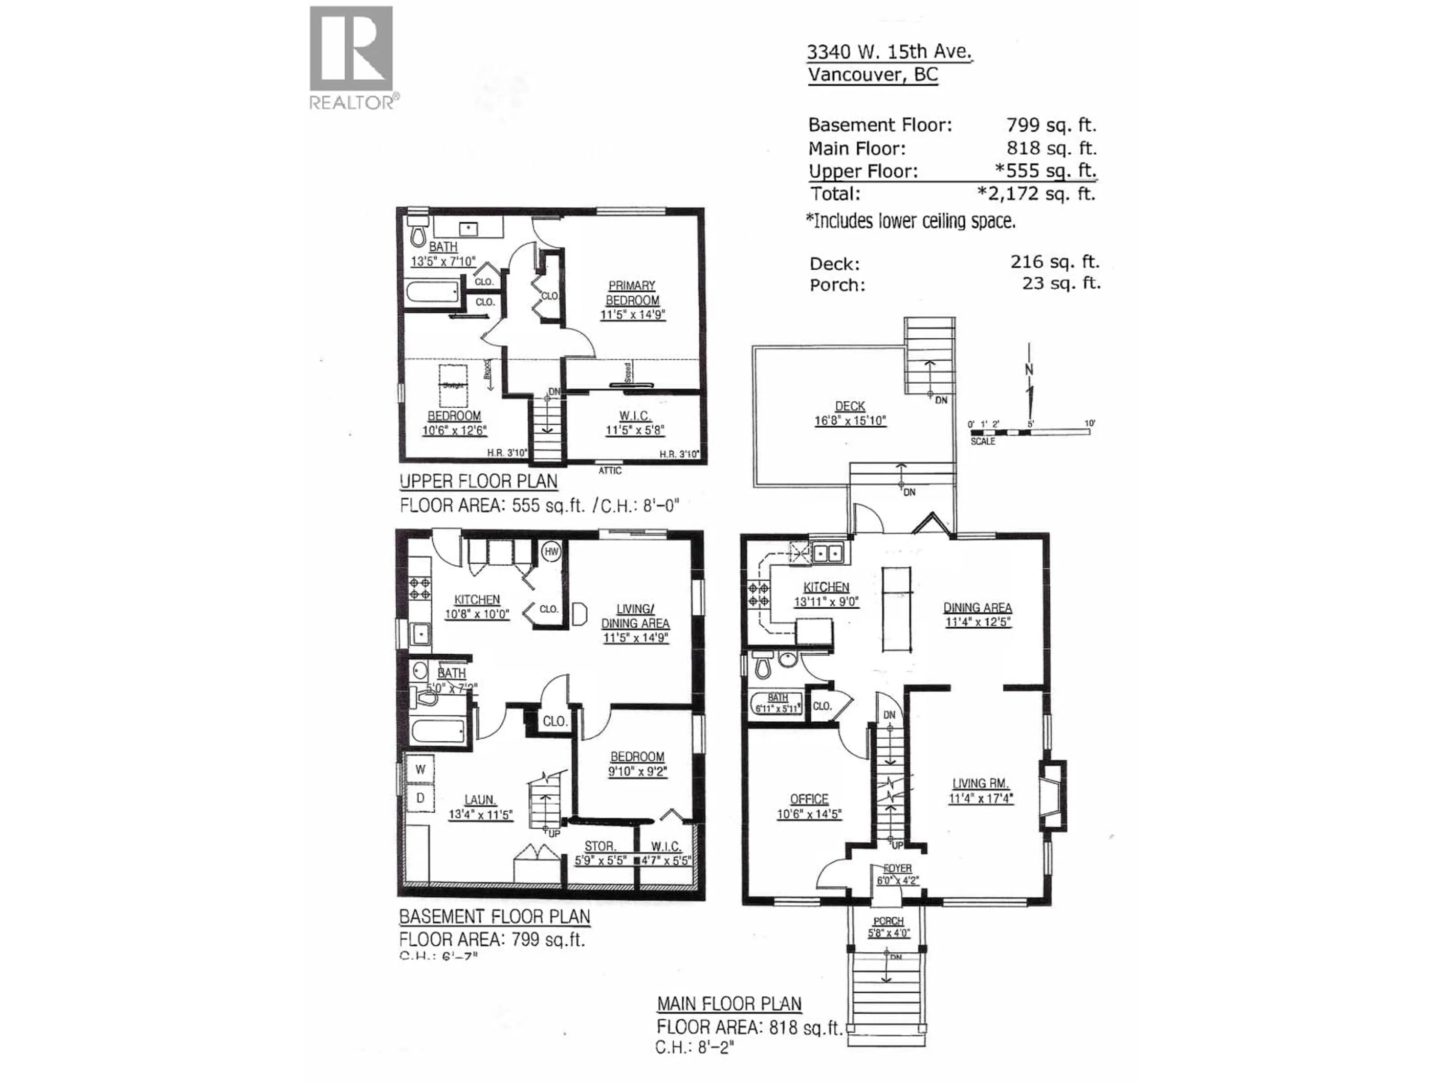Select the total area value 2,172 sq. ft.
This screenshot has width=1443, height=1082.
pos(1037,194)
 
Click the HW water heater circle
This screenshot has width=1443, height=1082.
pos(551,552)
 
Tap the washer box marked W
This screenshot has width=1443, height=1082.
pos(420,769)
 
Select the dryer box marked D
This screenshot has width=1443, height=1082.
pos(420,798)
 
